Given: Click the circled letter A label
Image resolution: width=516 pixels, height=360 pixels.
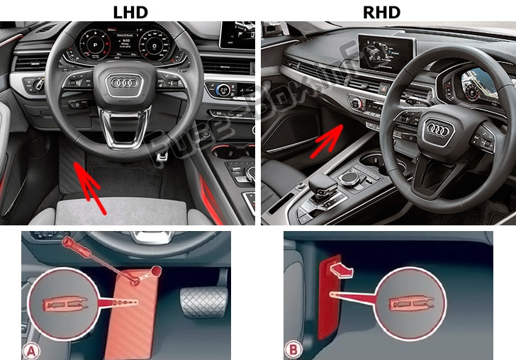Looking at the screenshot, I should point(33,349).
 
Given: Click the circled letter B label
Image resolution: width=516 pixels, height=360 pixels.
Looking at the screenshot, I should point(293,349).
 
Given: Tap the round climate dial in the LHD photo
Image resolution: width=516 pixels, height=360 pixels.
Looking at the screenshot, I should point(222,90).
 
